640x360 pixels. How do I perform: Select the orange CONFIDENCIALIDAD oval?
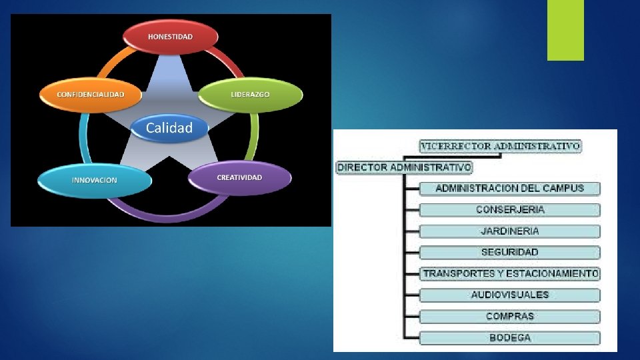[x=91, y=95]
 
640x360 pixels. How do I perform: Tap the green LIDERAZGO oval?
[x=251, y=95]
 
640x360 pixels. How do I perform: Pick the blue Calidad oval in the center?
[x=169, y=127]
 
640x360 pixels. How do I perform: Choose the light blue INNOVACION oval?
[x=94, y=180]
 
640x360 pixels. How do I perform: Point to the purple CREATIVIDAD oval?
[x=240, y=178]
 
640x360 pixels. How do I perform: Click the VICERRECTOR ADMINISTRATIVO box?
[x=500, y=146]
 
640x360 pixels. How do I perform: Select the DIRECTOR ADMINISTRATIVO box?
[x=404, y=167]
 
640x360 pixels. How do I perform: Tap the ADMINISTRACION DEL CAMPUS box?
[x=510, y=188]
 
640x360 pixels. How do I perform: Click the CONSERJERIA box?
[x=510, y=209]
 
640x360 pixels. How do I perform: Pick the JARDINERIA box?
[x=510, y=231]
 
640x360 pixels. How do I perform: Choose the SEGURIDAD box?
[x=510, y=252]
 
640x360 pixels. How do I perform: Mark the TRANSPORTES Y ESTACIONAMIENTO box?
[x=511, y=273]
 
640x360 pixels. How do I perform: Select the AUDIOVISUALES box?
[x=510, y=295]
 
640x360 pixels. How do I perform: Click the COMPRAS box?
[x=510, y=316]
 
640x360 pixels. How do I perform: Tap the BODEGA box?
[x=510, y=337]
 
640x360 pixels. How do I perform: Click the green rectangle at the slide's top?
[x=565, y=30]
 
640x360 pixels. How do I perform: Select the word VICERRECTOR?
[x=457, y=146]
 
